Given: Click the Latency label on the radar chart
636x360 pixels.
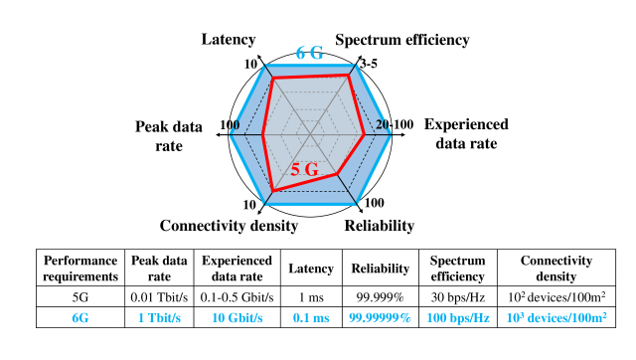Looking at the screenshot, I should coord(229,40).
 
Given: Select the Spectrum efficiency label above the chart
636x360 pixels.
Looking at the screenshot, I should coord(401,40).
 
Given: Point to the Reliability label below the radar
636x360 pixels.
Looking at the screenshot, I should coord(379,226).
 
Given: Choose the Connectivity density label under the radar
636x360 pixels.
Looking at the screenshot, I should coord(229,226).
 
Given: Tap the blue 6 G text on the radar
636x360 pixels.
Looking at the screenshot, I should coord(309,53).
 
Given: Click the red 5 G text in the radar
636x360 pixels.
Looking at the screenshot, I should coord(304,169).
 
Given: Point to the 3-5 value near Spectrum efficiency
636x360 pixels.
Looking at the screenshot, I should coord(368,64).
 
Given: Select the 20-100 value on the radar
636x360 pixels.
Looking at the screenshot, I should coord(395,124).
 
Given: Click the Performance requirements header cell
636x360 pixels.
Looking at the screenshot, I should coord(79,268).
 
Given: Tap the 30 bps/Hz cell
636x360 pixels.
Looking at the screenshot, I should coord(456,296).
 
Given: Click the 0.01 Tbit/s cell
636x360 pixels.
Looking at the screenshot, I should coord(158,296).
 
